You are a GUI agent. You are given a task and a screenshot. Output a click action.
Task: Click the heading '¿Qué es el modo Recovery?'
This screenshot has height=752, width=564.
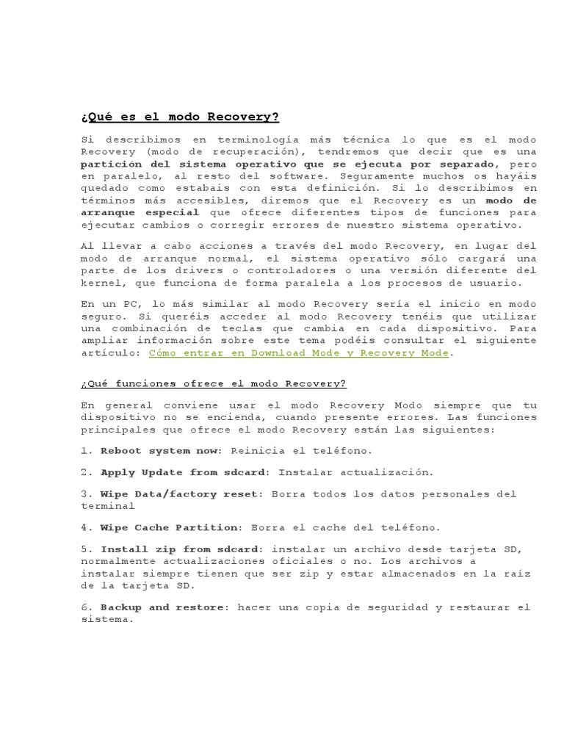(180, 117)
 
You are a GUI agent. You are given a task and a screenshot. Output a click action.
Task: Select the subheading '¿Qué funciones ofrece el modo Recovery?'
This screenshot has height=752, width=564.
(213, 383)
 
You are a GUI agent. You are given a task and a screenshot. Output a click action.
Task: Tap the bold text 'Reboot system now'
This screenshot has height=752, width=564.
(155, 450)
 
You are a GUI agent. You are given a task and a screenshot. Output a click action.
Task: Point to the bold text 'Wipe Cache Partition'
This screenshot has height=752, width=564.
(170, 527)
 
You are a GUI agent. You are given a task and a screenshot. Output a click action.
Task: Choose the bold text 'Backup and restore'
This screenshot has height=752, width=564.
(164, 607)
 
